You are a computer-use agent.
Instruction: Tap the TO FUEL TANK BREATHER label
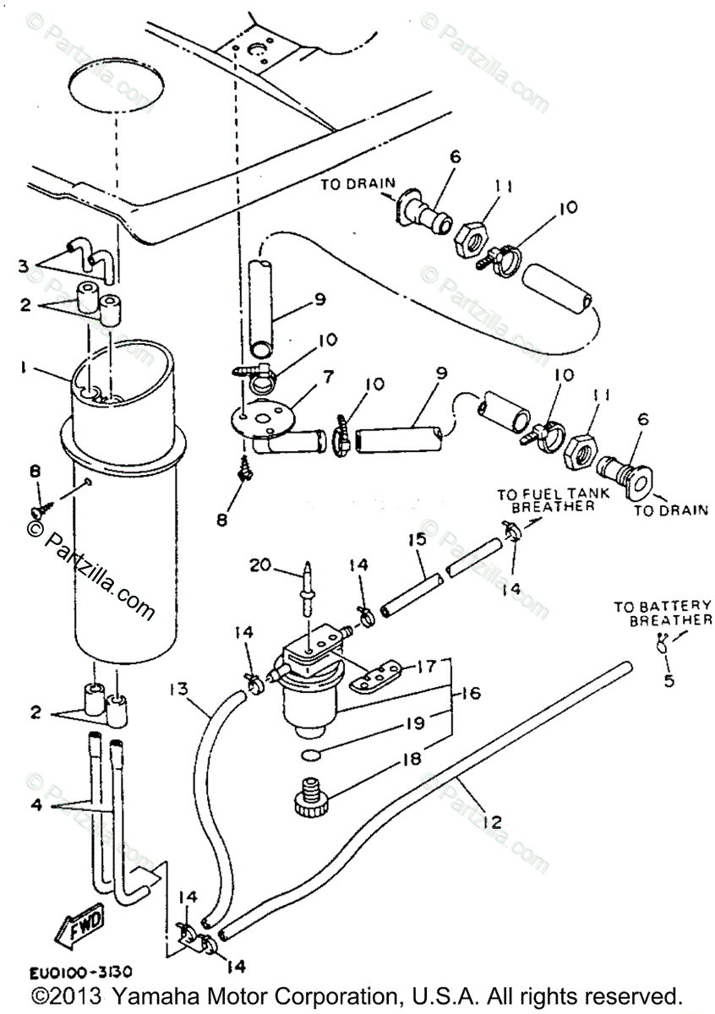click(x=545, y=499)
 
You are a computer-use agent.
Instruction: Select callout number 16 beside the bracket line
click(x=470, y=693)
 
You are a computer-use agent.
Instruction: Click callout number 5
click(x=669, y=679)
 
